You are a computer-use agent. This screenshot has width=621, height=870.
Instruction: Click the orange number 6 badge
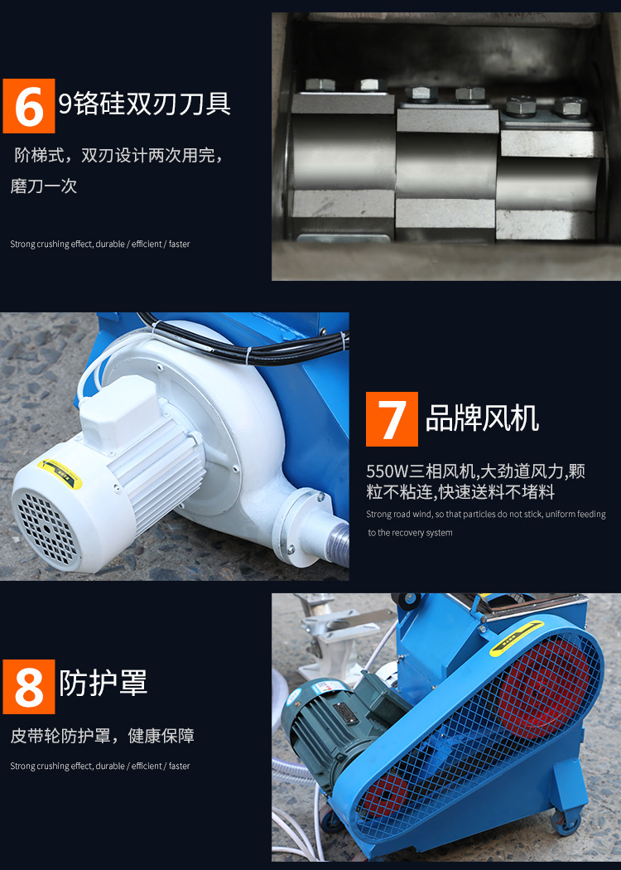29,106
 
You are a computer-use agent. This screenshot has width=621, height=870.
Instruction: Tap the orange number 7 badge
392,419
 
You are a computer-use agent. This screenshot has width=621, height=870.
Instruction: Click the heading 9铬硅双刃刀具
145,104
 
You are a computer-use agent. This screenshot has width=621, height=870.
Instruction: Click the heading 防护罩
103,683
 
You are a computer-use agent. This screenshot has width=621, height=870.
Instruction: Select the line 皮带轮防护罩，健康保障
103,736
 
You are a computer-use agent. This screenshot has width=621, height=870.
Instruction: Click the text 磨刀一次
44,186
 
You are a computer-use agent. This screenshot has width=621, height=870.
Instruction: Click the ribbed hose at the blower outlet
339,544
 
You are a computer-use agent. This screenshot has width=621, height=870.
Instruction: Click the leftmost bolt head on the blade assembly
317,85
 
